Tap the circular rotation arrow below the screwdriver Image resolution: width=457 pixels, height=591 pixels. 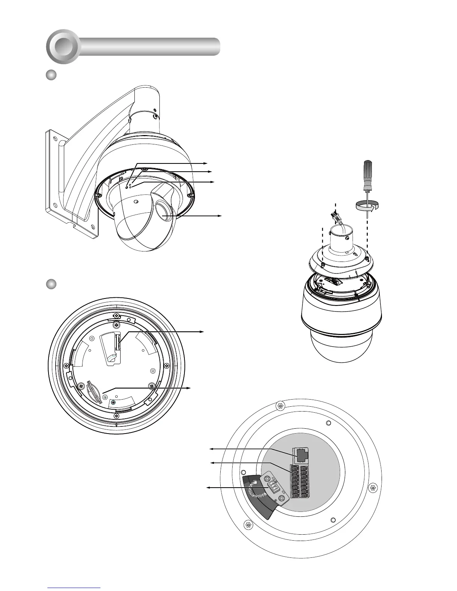click(366, 205)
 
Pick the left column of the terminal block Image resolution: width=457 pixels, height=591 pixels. click(295, 481)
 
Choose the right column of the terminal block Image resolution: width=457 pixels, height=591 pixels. click(305, 481)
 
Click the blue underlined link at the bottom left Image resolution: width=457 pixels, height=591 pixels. click(74, 588)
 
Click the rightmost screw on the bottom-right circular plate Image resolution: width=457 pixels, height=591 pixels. click(372, 487)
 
